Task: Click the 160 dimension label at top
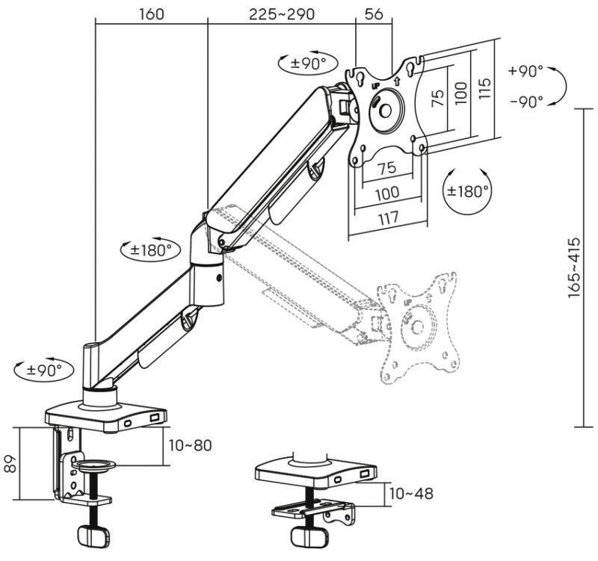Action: (152, 14)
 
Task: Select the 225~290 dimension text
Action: (282, 14)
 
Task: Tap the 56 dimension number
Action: (374, 14)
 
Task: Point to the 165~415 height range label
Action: (574, 268)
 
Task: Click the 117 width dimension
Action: (388, 218)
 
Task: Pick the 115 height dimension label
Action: (484, 89)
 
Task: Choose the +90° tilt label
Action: (525, 71)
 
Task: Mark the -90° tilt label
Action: (527, 102)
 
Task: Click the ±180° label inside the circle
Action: (468, 190)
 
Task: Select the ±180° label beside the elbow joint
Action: (150, 250)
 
